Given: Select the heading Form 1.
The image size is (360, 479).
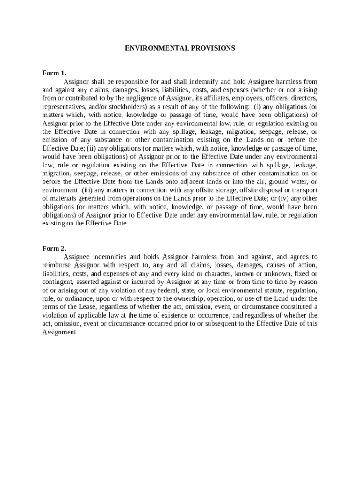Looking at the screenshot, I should click(x=54, y=73).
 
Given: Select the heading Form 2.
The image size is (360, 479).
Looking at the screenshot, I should click(x=54, y=248).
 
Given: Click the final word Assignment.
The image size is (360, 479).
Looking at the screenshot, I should click(x=59, y=332).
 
